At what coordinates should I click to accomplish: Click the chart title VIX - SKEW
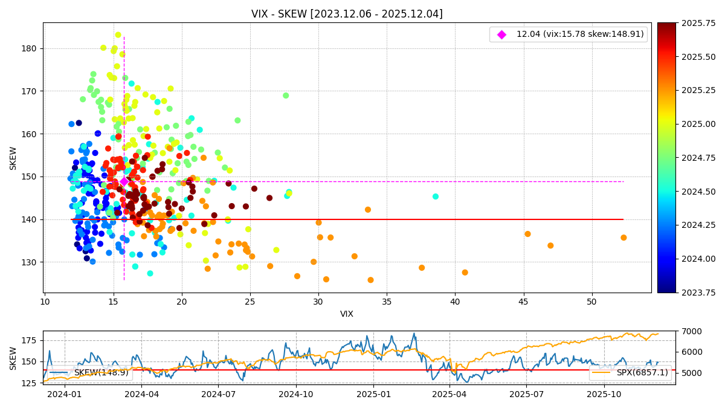tap(347, 14)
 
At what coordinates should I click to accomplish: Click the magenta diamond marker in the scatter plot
tap(124, 181)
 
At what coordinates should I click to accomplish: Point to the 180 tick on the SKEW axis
tap(30, 48)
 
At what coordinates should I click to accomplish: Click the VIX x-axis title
tap(347, 314)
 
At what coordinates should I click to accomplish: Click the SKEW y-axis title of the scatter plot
tap(13, 158)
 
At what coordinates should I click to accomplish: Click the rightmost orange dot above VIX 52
tap(623, 238)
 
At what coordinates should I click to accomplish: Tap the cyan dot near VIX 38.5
tap(436, 196)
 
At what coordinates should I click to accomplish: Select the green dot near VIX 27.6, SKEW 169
tap(286, 96)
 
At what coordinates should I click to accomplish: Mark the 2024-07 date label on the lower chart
tap(218, 394)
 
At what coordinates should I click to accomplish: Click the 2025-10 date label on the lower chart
tap(604, 394)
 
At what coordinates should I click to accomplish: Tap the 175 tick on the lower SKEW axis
tap(28, 340)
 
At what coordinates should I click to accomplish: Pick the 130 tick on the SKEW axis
tap(30, 262)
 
